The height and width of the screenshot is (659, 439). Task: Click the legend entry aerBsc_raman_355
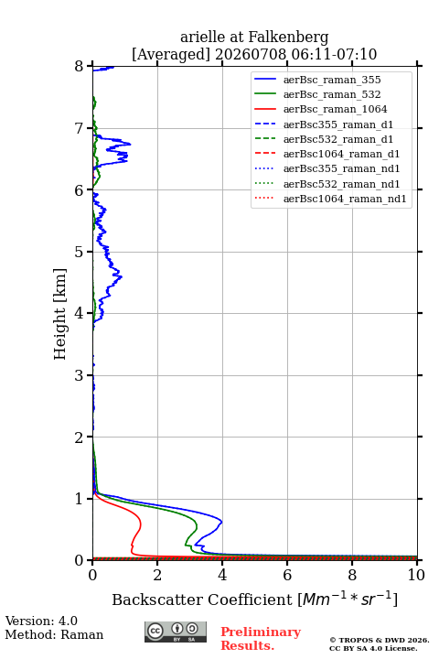point(332,80)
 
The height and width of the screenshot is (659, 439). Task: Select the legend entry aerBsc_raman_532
point(332,94)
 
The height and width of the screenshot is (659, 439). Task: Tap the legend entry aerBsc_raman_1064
point(335,109)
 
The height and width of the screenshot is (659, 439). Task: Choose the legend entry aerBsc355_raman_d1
point(338,124)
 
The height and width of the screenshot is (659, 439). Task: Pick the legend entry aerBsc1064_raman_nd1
point(345,199)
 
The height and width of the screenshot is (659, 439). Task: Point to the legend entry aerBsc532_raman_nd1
point(341,184)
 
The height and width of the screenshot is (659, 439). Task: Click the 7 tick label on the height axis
point(80,128)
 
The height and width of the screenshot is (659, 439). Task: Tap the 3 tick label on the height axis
point(80,375)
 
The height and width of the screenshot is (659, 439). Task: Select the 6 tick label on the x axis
point(287,575)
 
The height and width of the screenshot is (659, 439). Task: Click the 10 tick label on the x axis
point(416,575)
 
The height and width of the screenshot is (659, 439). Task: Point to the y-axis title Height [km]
point(60,314)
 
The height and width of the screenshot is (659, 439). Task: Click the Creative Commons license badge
point(176,632)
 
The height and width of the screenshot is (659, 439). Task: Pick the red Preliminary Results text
point(261,638)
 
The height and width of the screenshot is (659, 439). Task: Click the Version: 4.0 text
point(41,621)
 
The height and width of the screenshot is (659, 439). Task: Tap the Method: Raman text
point(54,634)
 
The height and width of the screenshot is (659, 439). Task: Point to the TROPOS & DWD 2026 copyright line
point(380,640)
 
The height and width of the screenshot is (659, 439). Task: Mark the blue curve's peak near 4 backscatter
point(221,522)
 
